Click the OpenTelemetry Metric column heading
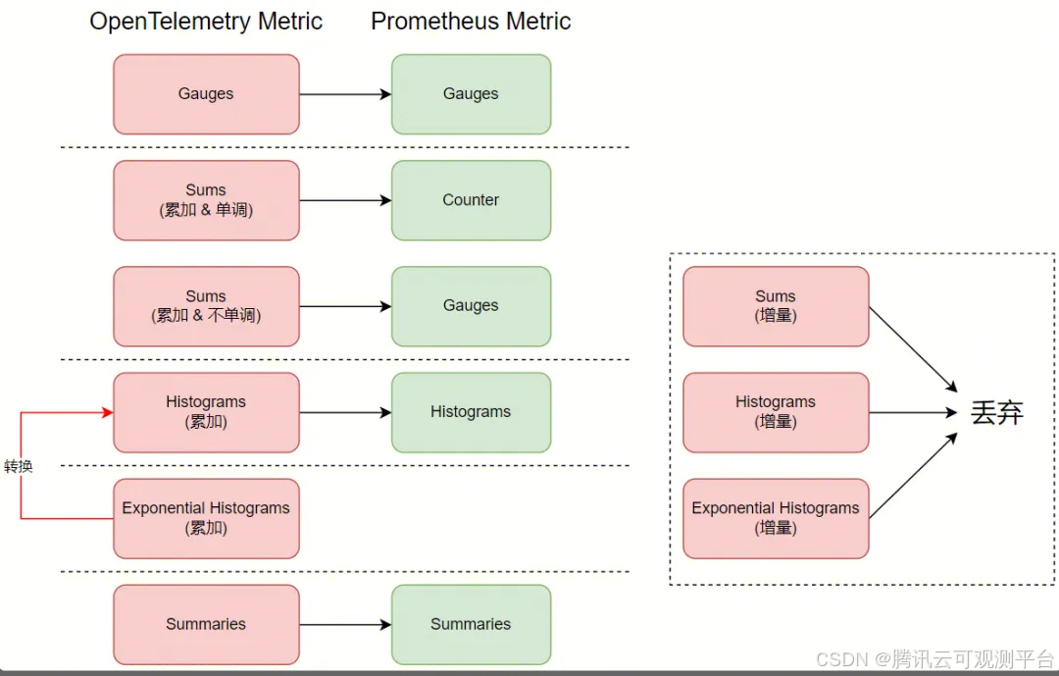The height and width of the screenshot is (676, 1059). pyautogui.click(x=206, y=22)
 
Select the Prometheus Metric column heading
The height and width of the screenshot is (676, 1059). pyautogui.click(x=471, y=22)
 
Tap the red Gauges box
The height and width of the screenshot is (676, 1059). pyautogui.click(x=206, y=94)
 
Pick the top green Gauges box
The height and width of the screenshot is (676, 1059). pyautogui.click(x=471, y=94)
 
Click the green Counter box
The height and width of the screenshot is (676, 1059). pyautogui.click(x=471, y=200)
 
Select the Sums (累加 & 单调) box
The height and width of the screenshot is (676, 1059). pyautogui.click(x=206, y=200)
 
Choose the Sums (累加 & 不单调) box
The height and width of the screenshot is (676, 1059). pyautogui.click(x=206, y=306)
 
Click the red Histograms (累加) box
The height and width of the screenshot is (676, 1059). pyautogui.click(x=206, y=412)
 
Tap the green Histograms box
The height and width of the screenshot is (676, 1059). pyautogui.click(x=471, y=412)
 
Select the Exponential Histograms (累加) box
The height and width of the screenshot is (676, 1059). pyautogui.click(x=206, y=518)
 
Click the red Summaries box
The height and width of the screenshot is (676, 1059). pyautogui.click(x=206, y=624)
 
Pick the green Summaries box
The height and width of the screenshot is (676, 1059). pyautogui.click(x=471, y=624)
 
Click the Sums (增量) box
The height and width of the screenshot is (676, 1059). pyautogui.click(x=776, y=306)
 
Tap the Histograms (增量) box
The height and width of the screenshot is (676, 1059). pyautogui.click(x=776, y=412)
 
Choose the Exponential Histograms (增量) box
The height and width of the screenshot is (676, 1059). pyautogui.click(x=776, y=518)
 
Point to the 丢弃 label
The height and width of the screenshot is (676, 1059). pyautogui.click(x=996, y=413)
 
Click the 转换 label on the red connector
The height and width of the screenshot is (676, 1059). pyautogui.click(x=19, y=467)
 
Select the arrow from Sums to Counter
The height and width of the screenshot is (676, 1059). pyautogui.click(x=345, y=200)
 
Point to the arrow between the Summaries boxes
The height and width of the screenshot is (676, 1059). pyautogui.click(x=345, y=624)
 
